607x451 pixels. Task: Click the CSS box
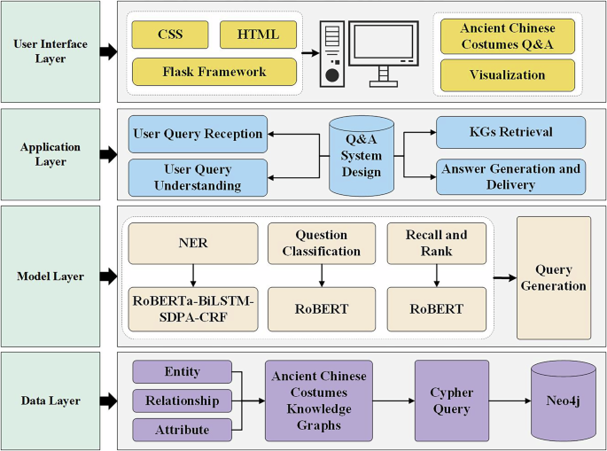[170, 35]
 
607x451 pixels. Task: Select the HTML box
[258, 35]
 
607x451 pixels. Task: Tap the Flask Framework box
[214, 72]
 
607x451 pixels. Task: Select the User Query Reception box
[197, 135]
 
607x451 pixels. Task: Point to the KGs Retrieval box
[511, 132]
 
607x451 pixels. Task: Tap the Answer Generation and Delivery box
[511, 176]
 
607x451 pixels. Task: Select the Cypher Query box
[452, 400]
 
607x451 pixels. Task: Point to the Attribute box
[182, 430]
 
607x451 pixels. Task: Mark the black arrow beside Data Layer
[107, 400]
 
